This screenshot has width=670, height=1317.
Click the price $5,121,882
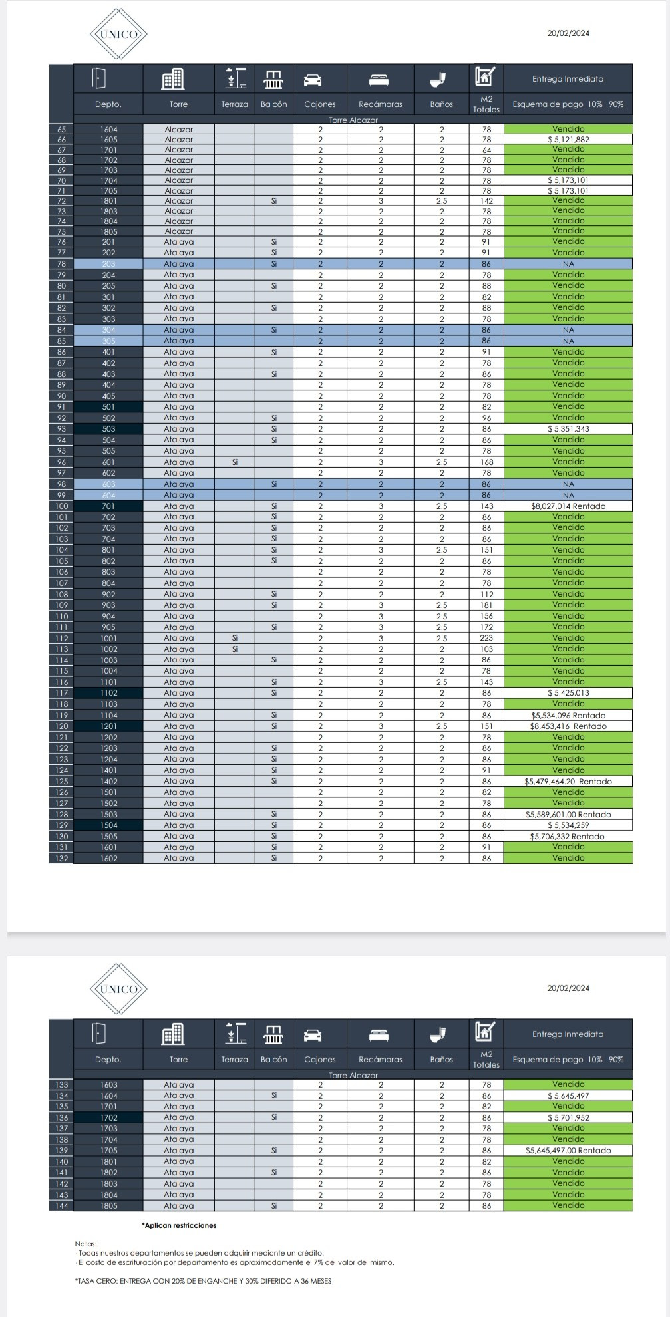point(568,140)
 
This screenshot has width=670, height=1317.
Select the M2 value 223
point(486,638)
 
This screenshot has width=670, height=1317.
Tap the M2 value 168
point(486,462)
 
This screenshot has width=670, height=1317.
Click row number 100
point(61,506)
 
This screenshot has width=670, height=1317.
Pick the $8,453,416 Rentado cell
point(568,726)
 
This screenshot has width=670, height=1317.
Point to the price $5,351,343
point(568,429)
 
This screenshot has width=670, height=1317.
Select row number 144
point(61,1206)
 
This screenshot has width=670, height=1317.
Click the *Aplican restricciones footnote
point(179,1225)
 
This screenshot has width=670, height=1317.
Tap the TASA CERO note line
point(204,1281)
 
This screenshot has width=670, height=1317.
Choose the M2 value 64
point(486,150)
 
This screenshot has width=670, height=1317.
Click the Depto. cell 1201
point(108,726)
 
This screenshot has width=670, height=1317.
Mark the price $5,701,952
point(568,1118)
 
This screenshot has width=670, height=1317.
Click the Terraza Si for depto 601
point(234,462)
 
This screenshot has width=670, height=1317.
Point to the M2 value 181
point(486,605)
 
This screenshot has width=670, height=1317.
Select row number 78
point(61,264)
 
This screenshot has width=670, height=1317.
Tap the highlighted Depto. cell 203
point(108,264)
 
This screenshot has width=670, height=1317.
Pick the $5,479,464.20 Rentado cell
point(568,782)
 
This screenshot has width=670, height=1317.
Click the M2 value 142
point(486,201)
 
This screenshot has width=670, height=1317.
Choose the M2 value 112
point(486,595)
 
